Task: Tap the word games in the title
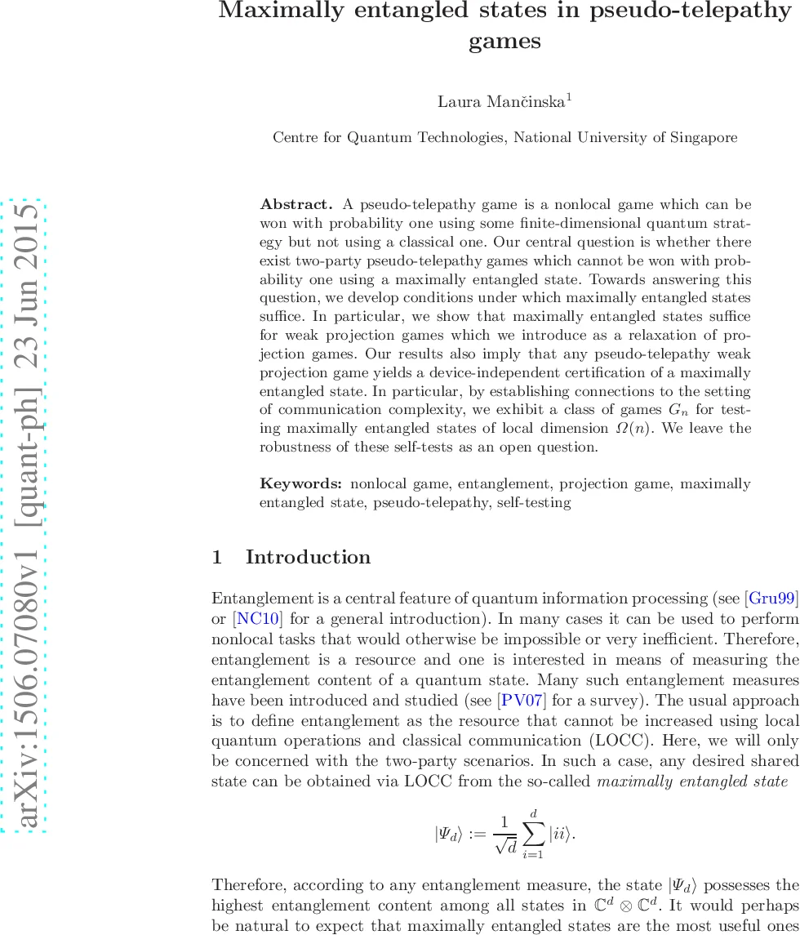[x=504, y=42]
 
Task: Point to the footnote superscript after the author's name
[x=569, y=97]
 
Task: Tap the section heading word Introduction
[x=308, y=558]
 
